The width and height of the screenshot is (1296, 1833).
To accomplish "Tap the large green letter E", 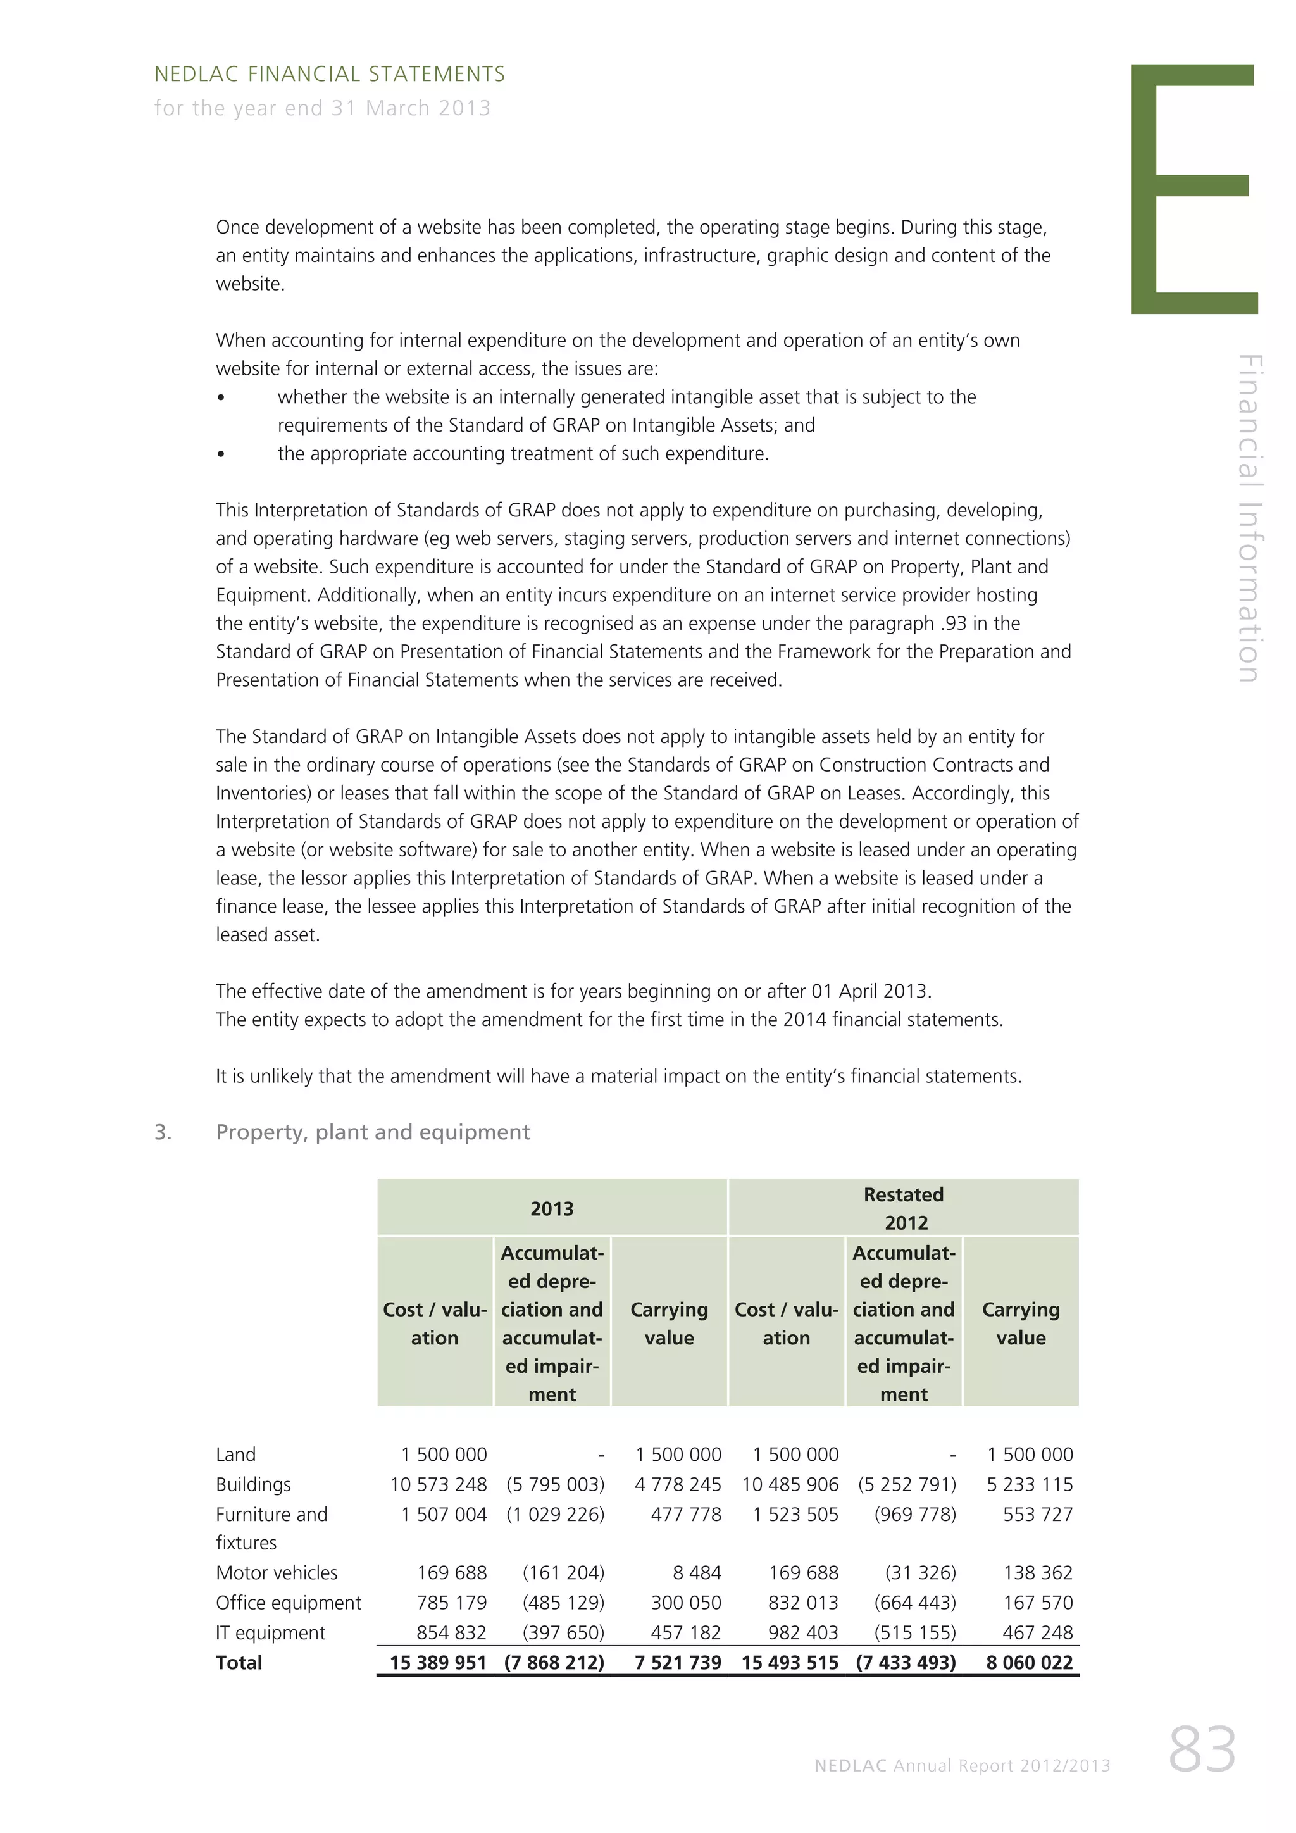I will point(1192,189).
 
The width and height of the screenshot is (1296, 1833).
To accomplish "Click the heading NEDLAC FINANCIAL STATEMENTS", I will point(329,74).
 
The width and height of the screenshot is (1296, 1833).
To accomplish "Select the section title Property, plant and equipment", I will point(373,1132).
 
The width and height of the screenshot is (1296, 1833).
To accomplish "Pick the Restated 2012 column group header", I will point(904,1209).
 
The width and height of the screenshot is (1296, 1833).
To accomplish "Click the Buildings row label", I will point(253,1484).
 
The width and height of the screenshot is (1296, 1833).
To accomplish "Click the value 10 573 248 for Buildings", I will point(438,1484).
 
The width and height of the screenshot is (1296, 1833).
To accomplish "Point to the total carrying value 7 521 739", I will point(678,1663).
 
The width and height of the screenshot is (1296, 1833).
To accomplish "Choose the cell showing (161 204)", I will point(563,1573).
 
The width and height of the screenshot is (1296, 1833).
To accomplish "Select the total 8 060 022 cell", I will point(1030,1663).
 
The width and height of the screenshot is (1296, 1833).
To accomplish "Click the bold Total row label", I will point(239,1663).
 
